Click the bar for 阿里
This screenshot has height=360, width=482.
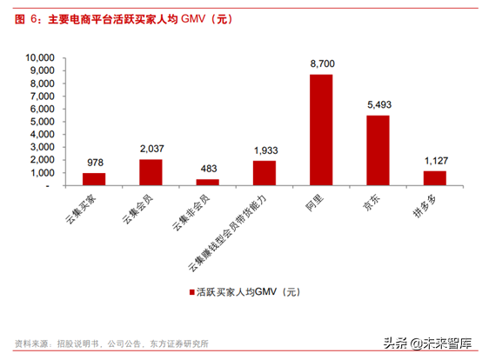[x=321, y=130]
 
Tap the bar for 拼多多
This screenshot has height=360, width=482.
[x=434, y=178]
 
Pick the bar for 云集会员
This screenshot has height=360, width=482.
[x=151, y=172]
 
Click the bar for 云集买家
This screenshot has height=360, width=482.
[x=94, y=179]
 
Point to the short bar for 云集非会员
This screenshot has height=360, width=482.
[x=207, y=183]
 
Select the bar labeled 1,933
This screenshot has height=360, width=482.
[x=264, y=173]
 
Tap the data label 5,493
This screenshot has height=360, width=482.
[x=378, y=106]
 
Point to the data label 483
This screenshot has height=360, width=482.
[x=207, y=170]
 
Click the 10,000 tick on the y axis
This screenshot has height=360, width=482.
[x=39, y=57]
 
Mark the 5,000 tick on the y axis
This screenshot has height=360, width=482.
[x=42, y=122]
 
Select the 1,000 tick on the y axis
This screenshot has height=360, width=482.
[x=42, y=173]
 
